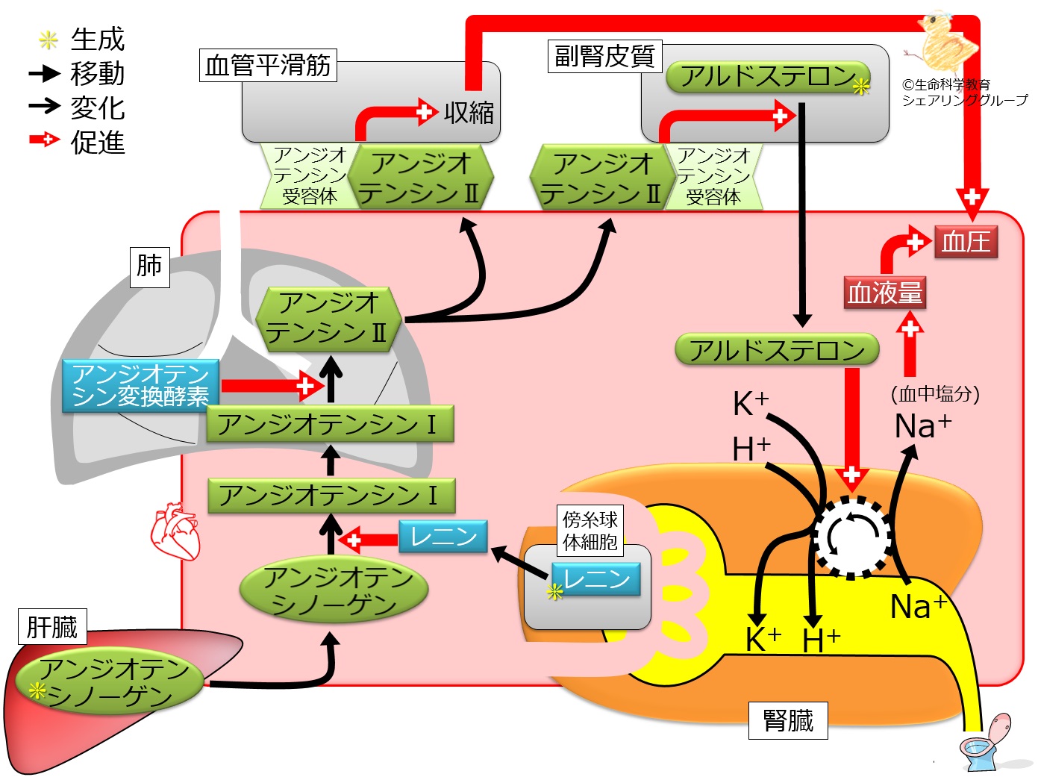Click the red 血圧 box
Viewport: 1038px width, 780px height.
click(x=966, y=241)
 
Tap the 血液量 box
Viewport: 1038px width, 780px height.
click(x=885, y=292)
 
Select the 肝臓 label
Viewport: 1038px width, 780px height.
click(x=52, y=626)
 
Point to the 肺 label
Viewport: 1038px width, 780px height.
click(x=149, y=266)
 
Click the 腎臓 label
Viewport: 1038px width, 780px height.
click(x=788, y=720)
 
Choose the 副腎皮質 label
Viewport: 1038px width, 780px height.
click(x=605, y=56)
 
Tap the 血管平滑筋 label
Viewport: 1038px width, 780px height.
click(x=268, y=66)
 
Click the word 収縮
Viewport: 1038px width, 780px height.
click(x=469, y=113)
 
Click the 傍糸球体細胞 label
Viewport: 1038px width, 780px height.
click(x=590, y=531)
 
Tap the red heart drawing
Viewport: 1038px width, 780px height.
click(x=175, y=531)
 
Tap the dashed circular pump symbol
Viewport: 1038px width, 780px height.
click(x=851, y=536)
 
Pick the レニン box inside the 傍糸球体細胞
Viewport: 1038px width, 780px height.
click(x=596, y=578)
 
